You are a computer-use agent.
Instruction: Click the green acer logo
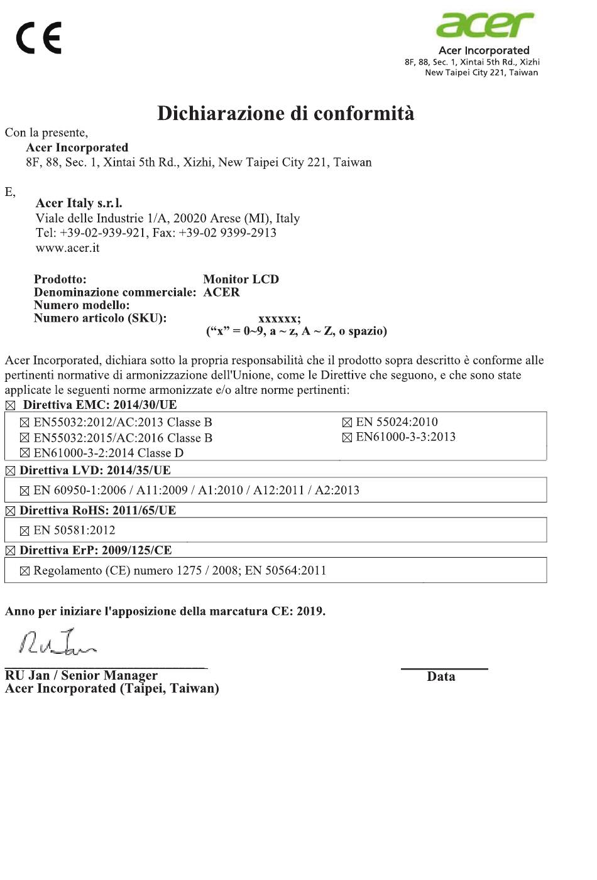[485, 24]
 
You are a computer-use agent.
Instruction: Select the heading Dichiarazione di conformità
[285, 114]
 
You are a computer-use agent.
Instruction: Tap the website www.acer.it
[67, 247]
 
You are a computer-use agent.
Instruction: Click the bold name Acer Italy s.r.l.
[79, 203]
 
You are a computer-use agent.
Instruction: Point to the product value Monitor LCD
[241, 279]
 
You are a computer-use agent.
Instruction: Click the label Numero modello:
[82, 305]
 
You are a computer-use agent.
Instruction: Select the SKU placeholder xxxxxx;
[280, 318]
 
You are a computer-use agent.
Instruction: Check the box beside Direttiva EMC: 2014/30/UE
[10, 405]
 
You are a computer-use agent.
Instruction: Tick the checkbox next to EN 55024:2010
[347, 423]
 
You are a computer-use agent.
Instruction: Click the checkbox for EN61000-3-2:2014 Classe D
[25, 454]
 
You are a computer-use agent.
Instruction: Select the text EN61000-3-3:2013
[405, 437]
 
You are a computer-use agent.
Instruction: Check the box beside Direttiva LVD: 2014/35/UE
[10, 470]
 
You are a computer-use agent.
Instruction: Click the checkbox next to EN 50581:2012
[25, 531]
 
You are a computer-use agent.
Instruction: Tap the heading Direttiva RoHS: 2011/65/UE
[97, 510]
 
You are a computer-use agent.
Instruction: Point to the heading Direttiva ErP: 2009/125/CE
[96, 550]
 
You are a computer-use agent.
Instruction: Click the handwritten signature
[58, 641]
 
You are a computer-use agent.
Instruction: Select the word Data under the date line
[441, 676]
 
